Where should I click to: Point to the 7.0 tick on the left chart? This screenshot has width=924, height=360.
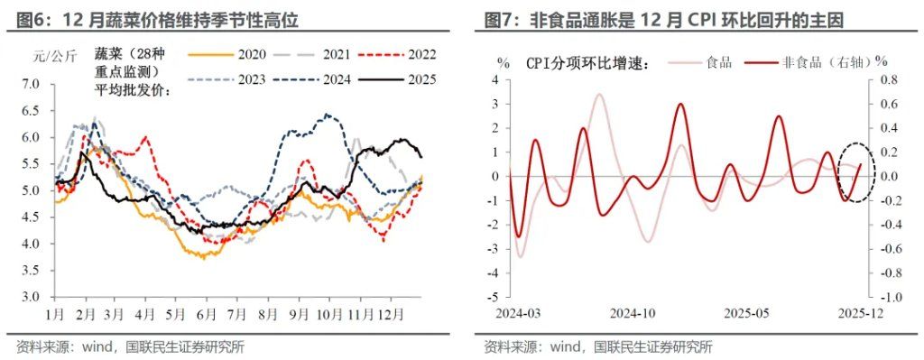[x=32, y=84]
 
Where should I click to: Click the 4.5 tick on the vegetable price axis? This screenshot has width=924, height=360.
[x=32, y=217]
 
